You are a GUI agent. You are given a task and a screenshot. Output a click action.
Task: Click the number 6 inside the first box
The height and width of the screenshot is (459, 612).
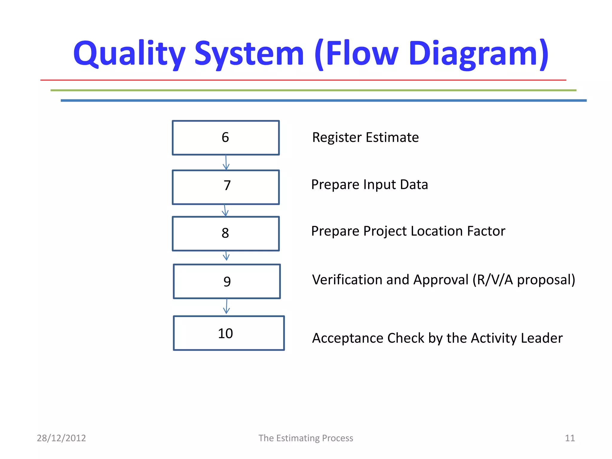point(225,137)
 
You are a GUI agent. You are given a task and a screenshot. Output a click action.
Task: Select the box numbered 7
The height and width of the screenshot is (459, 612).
point(226,187)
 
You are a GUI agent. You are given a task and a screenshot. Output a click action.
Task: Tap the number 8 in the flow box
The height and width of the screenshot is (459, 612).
point(225,233)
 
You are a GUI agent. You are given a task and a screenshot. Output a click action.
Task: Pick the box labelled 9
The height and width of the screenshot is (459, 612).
point(227,281)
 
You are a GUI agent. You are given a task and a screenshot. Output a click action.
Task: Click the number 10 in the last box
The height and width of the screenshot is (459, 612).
point(225,333)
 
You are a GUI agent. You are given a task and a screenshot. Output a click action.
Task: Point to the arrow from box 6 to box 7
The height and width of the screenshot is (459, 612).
point(226,163)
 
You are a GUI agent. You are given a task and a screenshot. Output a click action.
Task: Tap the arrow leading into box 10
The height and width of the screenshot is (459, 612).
point(227,307)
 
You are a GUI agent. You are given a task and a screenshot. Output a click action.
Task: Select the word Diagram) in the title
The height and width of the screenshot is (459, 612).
point(478,54)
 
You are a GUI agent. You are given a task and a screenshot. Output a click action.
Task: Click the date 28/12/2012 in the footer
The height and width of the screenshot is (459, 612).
point(61,438)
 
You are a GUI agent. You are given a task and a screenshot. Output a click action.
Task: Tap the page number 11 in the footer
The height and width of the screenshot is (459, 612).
point(570,438)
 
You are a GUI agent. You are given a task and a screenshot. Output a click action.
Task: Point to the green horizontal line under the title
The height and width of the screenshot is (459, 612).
point(313,90)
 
